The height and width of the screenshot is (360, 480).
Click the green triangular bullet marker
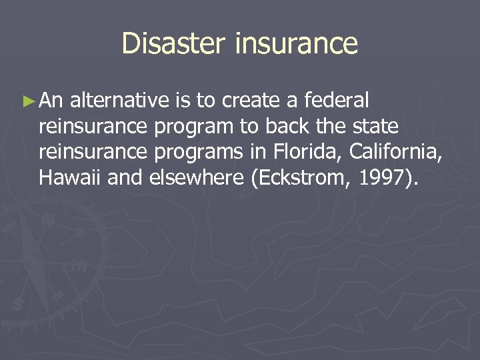coord(27,101)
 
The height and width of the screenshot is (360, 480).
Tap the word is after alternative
coord(183,101)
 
